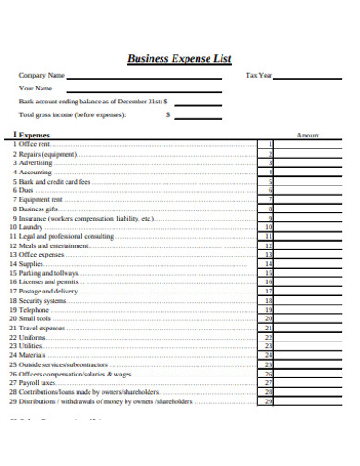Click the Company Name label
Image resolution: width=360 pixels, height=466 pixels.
pos(42,76)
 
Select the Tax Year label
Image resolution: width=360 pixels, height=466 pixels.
pos(259,76)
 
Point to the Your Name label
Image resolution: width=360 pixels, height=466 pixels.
pos(36,89)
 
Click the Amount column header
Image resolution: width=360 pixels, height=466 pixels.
pos(307,135)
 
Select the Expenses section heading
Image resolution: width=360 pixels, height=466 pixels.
pos(35,135)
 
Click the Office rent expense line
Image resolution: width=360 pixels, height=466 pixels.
pos(33,144)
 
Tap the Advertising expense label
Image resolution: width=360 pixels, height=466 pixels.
pos(35,162)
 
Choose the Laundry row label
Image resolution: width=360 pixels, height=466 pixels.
pos(31,227)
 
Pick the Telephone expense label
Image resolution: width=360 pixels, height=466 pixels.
pos(34,310)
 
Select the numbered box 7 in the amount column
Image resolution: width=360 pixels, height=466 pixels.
pos(270,199)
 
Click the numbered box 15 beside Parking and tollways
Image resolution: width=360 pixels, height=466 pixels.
pos(269,273)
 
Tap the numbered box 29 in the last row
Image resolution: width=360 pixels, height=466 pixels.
pos(269,401)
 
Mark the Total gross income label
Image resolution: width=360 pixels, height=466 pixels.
pos(71,115)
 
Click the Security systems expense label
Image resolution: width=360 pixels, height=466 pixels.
pos(42,301)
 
